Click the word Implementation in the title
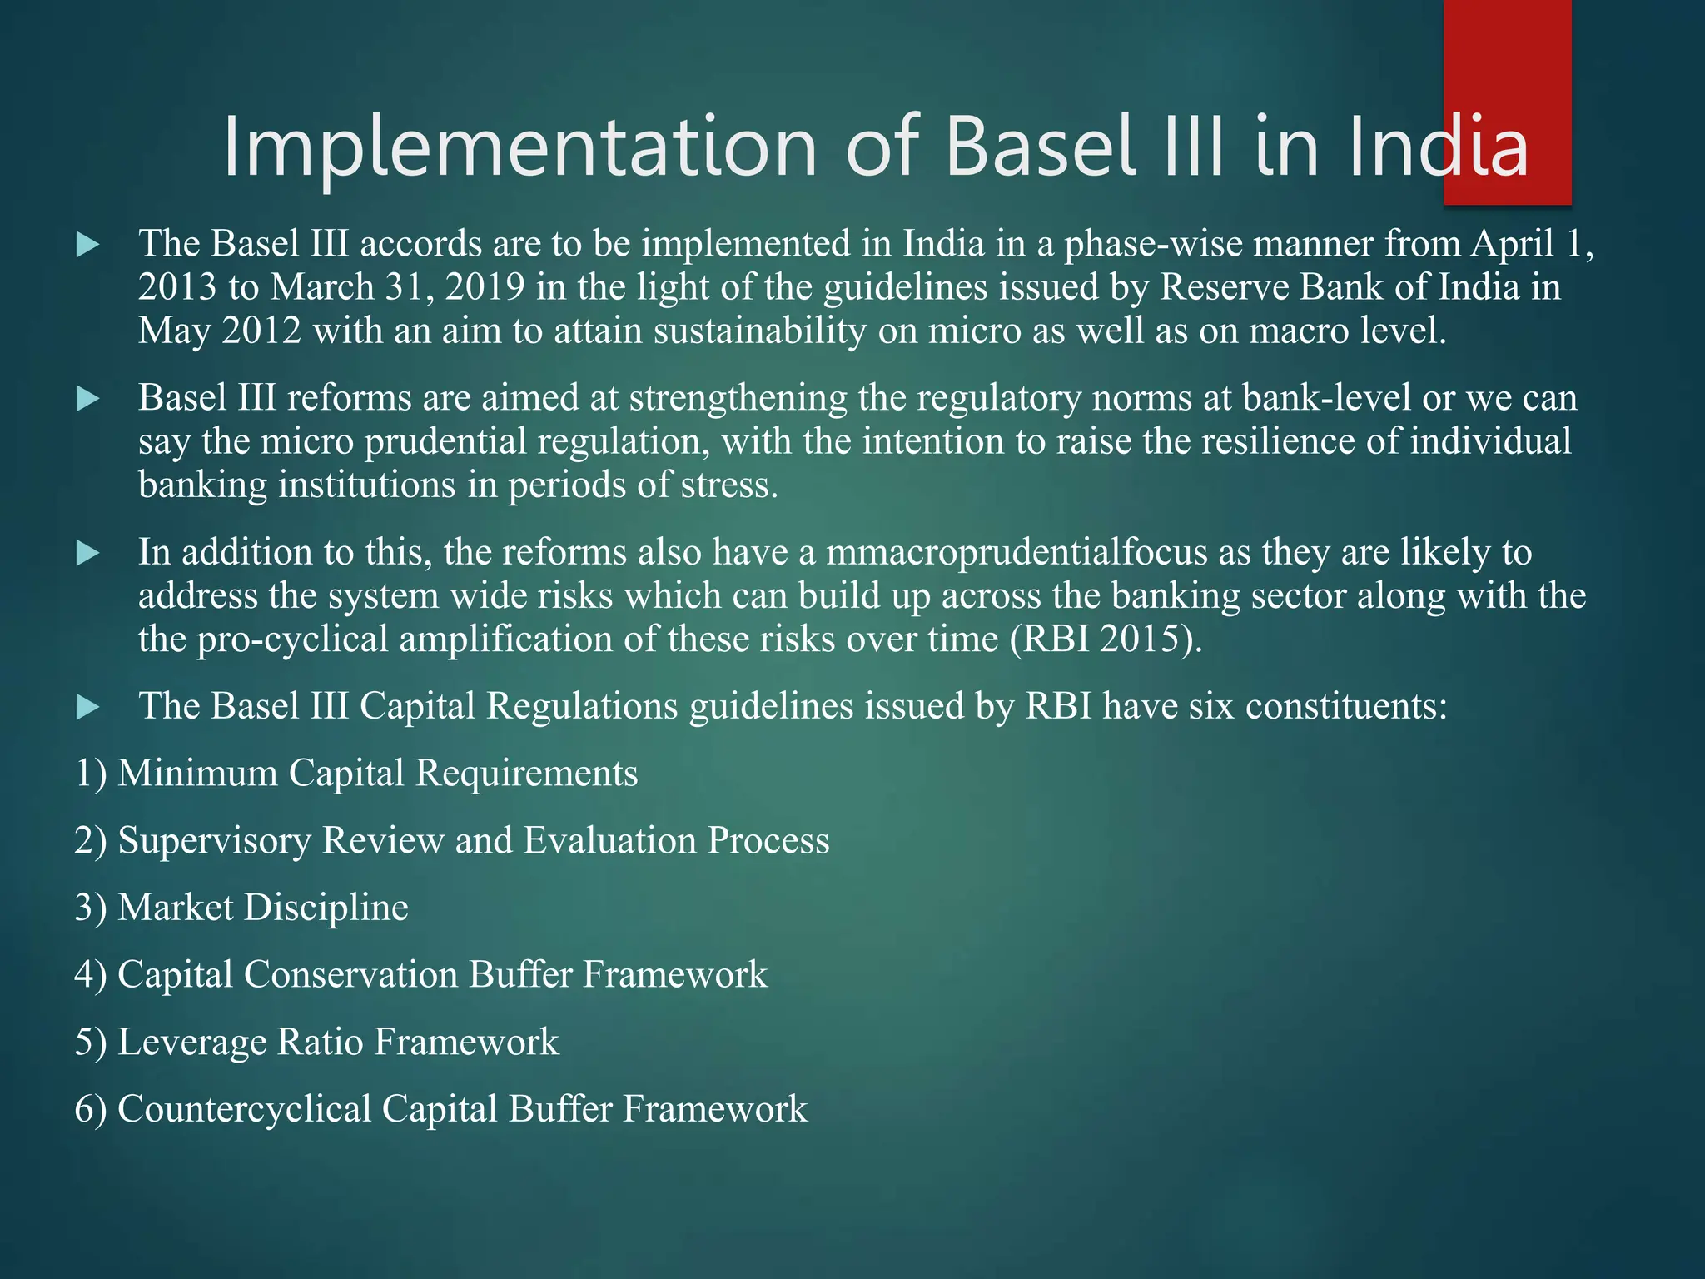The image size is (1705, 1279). click(520, 148)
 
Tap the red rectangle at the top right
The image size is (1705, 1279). click(1507, 102)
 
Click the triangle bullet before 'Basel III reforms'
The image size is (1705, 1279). click(87, 399)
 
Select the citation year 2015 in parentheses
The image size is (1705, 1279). click(1140, 639)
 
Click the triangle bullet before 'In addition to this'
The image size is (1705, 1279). click(87, 553)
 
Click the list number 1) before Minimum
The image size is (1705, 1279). click(91, 774)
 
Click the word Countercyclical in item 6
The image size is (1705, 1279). click(245, 1110)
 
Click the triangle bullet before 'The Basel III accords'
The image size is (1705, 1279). click(87, 245)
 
